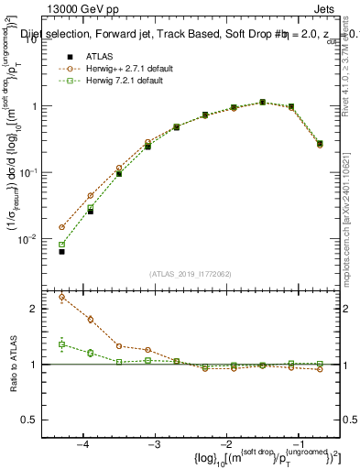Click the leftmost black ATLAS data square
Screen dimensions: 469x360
pos(61,251)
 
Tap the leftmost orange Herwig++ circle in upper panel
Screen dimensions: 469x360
pos(61,227)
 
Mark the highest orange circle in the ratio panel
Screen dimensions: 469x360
pos(61,297)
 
